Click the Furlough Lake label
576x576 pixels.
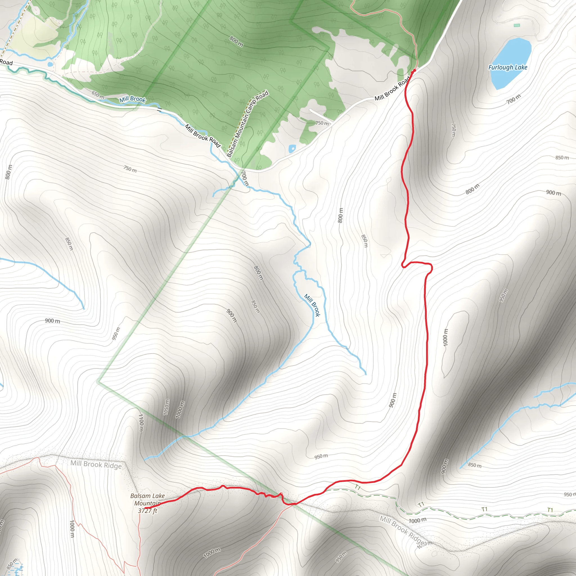[507, 67]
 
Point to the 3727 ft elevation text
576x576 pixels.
[147, 511]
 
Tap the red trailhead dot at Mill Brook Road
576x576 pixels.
[414, 71]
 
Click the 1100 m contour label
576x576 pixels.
[141, 422]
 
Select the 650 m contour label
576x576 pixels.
[98, 95]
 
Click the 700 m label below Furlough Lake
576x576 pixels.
[513, 99]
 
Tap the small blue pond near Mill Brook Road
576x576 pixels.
[292, 148]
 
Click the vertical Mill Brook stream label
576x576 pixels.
[312, 305]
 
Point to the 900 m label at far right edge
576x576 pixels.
[553, 193]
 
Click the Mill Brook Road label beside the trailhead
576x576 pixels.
[392, 89]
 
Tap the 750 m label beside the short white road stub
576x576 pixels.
[322, 123]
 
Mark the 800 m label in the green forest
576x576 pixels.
[236, 41]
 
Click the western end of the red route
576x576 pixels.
[145, 508]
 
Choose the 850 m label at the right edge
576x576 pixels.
[562, 157]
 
